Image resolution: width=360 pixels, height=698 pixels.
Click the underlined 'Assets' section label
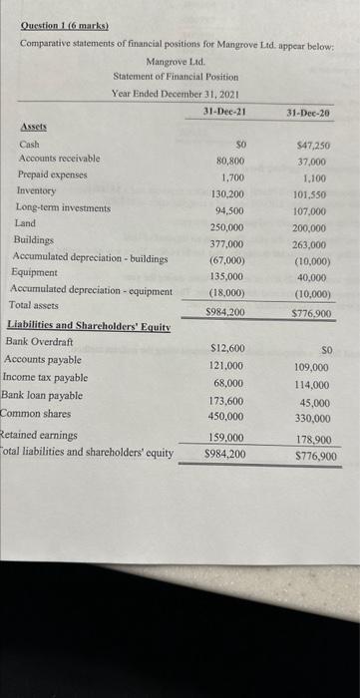(33, 129)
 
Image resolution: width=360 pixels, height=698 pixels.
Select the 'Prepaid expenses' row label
(52, 174)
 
